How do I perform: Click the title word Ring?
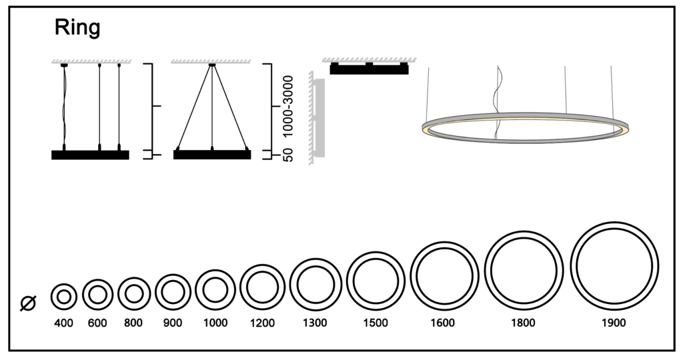[77, 27]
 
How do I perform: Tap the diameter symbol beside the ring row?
[28, 303]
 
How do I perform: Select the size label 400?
[63, 323]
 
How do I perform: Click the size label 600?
[97, 323]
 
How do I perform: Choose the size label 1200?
[262, 323]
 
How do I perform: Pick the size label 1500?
[376, 323]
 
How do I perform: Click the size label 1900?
[614, 323]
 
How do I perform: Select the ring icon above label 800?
[133, 294]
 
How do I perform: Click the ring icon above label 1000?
[215, 291]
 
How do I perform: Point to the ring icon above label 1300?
[315, 285]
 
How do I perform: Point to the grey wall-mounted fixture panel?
[319, 118]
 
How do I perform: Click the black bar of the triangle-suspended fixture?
[212, 155]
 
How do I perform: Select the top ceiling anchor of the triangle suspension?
[212, 65]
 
